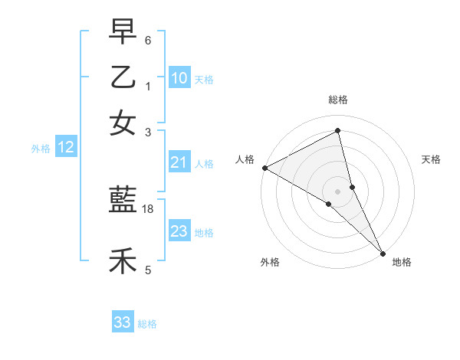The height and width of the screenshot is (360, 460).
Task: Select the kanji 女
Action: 123,123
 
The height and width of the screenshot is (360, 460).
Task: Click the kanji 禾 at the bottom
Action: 123,261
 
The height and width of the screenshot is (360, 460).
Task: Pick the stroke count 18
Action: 148,209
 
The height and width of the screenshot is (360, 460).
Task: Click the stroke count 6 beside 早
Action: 148,40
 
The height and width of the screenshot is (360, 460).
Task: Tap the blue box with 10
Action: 179,77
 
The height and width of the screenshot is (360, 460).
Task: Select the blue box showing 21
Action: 179,162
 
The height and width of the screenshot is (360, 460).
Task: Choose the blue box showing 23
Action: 179,231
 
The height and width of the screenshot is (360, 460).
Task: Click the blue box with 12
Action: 66,148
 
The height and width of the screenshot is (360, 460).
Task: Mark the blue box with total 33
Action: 123,322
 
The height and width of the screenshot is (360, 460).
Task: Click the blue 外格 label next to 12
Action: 41,149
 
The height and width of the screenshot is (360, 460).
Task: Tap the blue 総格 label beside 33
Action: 147,324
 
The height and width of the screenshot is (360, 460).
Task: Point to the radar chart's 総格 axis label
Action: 338,100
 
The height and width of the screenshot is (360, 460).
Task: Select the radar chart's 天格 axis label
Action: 431,159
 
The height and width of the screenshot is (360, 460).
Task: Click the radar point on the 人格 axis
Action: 264,168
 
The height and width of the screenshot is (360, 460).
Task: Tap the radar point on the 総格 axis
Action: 338,131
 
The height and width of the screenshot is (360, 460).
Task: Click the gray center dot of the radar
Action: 338,191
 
